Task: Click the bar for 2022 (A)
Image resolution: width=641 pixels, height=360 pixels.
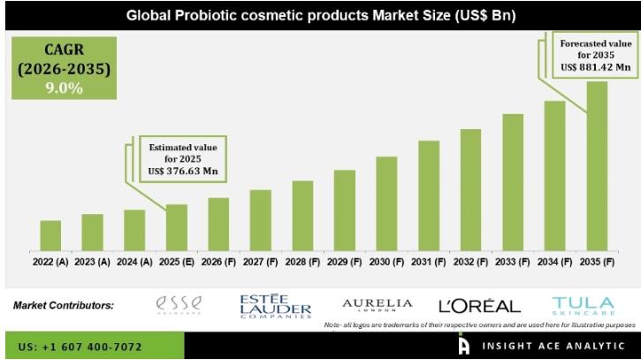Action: pyautogui.click(x=50, y=235)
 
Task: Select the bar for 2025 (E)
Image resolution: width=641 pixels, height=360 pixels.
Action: pyautogui.click(x=177, y=227)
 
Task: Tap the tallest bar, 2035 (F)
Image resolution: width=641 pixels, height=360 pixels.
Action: pyautogui.click(x=597, y=166)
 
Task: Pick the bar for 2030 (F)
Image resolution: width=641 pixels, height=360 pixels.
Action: pyautogui.click(x=387, y=203)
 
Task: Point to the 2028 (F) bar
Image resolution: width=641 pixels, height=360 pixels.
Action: pyautogui.click(x=303, y=216)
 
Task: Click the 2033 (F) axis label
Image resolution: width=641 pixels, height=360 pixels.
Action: pyautogui.click(x=513, y=263)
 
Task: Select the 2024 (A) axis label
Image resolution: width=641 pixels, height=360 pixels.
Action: pyautogui.click(x=134, y=263)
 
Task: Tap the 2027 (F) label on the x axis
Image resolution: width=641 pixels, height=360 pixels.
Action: pyautogui.click(x=261, y=263)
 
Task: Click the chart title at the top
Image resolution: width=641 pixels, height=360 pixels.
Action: pyautogui.click(x=320, y=16)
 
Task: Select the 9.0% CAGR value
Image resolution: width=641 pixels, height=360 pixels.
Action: pyautogui.click(x=58, y=88)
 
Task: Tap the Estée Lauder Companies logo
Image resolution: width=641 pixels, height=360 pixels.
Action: pyautogui.click(x=275, y=306)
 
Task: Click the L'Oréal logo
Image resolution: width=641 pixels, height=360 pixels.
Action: pyautogui.click(x=479, y=306)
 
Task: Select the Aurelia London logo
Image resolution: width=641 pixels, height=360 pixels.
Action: pyautogui.click(x=377, y=305)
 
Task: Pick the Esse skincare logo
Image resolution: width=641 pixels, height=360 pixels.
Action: pyautogui.click(x=179, y=305)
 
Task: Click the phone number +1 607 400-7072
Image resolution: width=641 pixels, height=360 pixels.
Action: pyautogui.click(x=79, y=347)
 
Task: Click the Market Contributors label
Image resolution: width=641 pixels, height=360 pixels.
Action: pyautogui.click(x=63, y=305)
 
